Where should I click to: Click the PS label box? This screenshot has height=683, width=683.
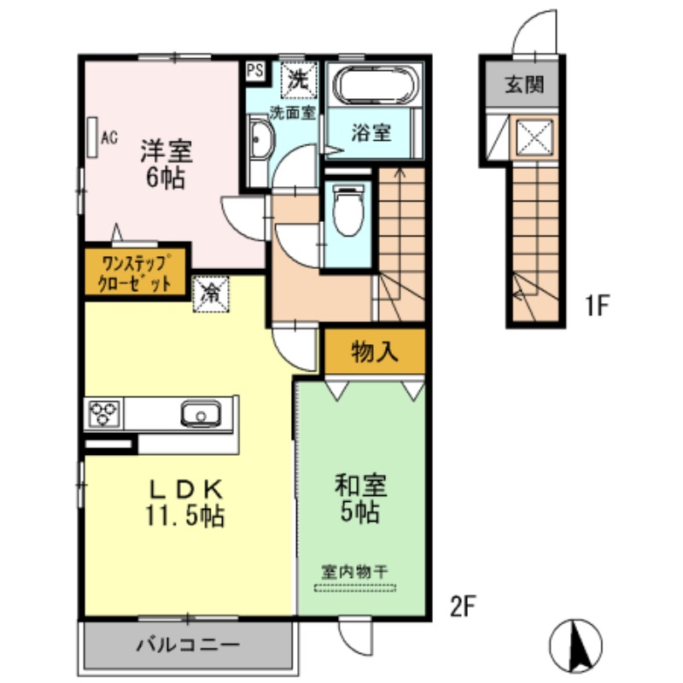click(x=254, y=71)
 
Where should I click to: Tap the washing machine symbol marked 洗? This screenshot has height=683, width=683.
click(x=299, y=80)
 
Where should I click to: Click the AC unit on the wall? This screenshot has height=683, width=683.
click(x=92, y=137)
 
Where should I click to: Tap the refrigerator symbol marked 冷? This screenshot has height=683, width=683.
click(x=211, y=295)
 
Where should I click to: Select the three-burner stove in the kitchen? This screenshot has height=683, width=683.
click(x=103, y=413)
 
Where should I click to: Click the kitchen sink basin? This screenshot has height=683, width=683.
click(x=201, y=413)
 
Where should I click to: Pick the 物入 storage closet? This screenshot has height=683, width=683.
click(x=375, y=352)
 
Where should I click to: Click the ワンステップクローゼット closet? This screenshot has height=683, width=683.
click(x=135, y=272)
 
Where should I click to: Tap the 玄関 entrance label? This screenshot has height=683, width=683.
click(x=524, y=84)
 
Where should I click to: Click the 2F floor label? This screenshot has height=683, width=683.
click(x=463, y=606)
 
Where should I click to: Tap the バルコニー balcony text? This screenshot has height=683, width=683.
click(x=189, y=645)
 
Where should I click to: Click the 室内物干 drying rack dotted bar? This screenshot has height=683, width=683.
click(x=355, y=587)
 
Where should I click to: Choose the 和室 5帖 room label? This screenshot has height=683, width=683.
click(x=360, y=499)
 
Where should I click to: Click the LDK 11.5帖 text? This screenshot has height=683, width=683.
click(x=185, y=503)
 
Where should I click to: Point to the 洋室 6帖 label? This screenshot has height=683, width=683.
click(x=166, y=164)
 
